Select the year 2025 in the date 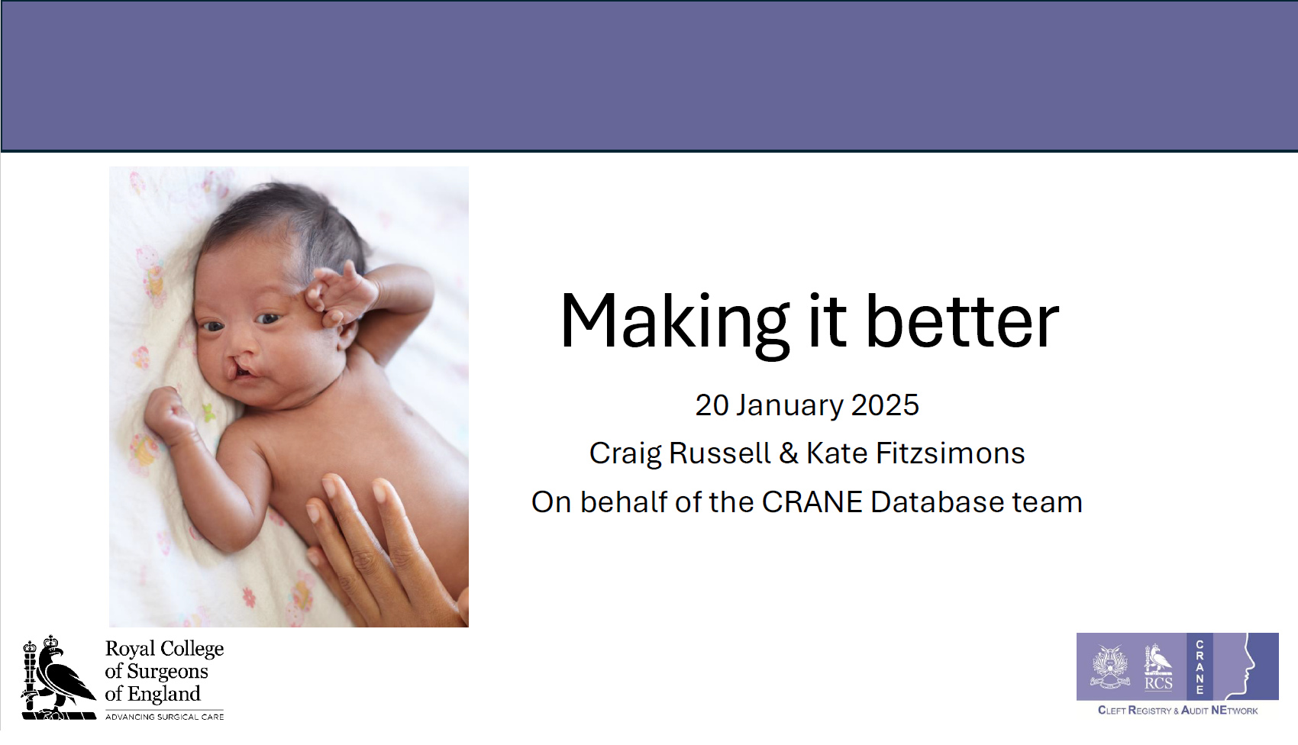[885, 405]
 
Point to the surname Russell [720, 453]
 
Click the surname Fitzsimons [950, 453]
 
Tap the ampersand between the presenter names [788, 453]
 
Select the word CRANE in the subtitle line [812, 502]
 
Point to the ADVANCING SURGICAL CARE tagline [165, 717]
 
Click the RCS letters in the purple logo [1158, 683]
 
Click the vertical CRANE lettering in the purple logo [1200, 667]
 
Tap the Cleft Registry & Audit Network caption [1177, 710]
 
